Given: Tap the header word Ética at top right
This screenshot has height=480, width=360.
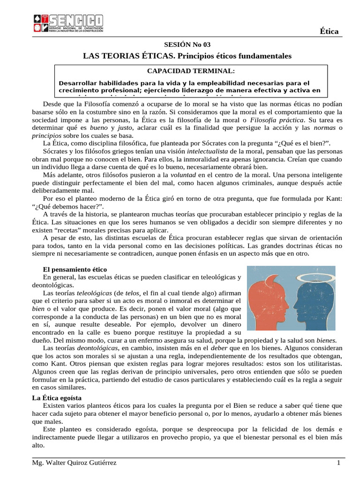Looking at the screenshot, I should [329, 31].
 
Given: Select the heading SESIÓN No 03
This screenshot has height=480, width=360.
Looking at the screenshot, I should [187, 45].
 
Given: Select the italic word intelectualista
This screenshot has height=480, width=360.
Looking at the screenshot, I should [207, 152].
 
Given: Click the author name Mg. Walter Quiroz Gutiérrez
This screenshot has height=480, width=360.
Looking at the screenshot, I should [74, 463].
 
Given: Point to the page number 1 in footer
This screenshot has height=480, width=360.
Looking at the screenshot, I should [338, 463].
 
